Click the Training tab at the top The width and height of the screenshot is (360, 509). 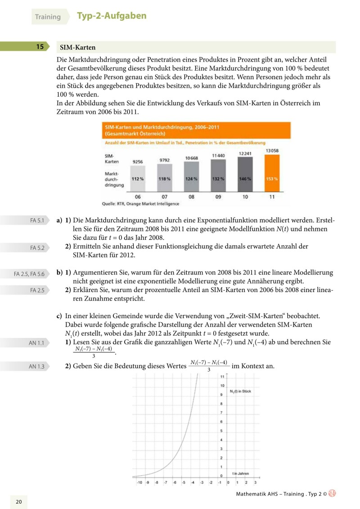pyautogui.click(x=48, y=17)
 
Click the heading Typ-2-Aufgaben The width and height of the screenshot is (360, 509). pyautogui.click(x=112, y=16)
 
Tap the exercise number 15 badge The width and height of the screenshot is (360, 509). pyautogui.click(x=40, y=47)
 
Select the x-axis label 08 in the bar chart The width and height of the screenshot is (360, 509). pyautogui.click(x=192, y=197)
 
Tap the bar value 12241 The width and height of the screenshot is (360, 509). pyautogui.click(x=244, y=153)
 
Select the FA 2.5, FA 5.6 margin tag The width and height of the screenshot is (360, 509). pyautogui.click(x=29, y=274)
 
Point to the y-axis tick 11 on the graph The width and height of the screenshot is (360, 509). pyautogui.click(x=222, y=376)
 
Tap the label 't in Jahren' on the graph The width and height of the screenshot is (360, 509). pyautogui.click(x=240, y=473)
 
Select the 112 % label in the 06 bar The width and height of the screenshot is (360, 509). pyautogui.click(x=138, y=179)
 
